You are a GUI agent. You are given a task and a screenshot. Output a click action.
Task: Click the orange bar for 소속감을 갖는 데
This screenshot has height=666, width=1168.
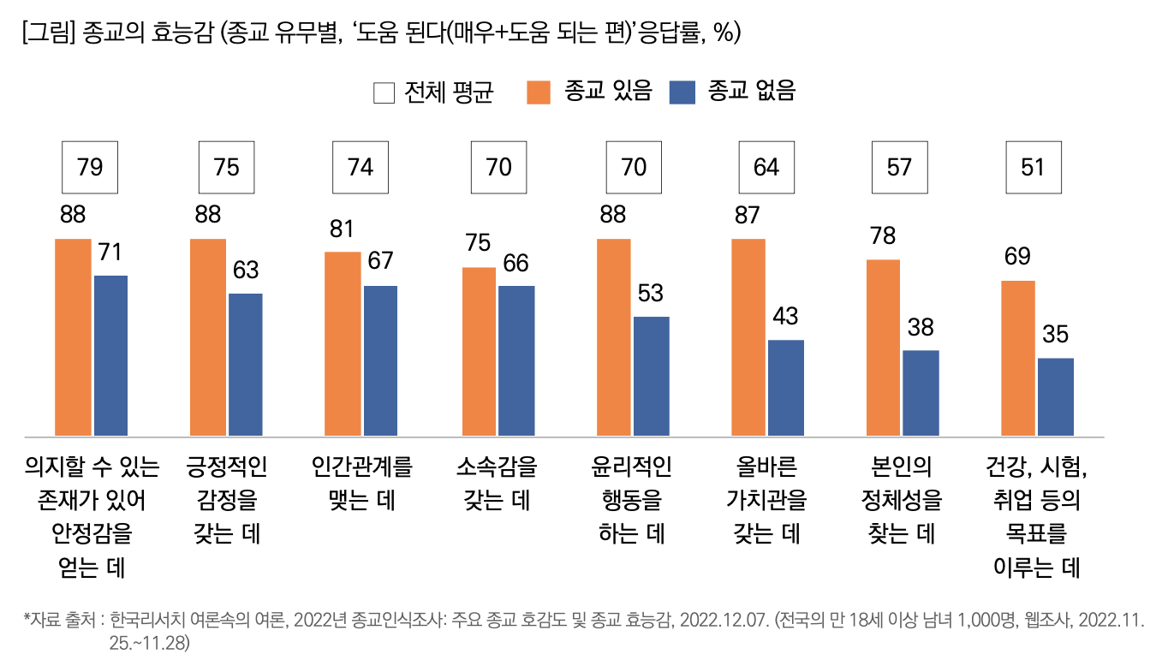point(479,351)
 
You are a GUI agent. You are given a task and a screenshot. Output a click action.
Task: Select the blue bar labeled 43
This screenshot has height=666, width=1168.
point(786,387)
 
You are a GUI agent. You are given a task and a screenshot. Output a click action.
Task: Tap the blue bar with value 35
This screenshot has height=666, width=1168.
point(1055,396)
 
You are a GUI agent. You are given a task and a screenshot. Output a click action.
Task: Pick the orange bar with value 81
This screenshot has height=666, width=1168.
point(343,343)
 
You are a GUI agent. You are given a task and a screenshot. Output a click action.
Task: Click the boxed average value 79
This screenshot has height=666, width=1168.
point(89,167)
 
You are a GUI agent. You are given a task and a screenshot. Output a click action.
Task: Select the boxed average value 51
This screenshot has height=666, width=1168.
point(1034,167)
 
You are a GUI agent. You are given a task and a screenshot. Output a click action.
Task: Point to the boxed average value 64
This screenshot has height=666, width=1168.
point(766,167)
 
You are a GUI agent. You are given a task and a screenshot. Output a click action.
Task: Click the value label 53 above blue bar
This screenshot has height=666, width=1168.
point(650,293)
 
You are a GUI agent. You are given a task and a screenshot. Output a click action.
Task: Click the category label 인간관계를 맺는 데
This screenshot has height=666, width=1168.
point(361,484)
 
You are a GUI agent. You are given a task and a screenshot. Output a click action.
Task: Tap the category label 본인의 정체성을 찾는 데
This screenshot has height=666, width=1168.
point(899,500)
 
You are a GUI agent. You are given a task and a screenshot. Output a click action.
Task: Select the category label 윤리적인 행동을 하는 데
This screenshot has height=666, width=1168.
point(632,500)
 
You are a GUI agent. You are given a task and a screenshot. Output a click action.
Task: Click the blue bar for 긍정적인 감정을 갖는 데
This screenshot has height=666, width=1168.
point(246,364)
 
